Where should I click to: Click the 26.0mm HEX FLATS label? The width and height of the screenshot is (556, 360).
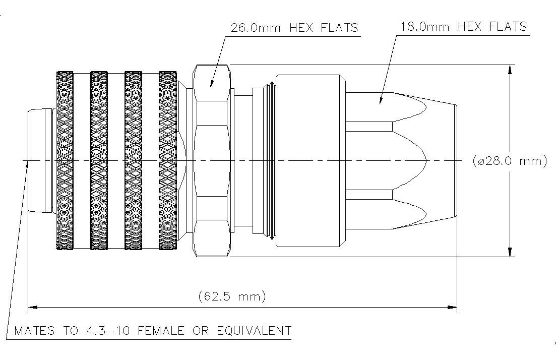tap(294, 28)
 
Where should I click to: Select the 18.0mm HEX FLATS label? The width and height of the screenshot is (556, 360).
tap(463, 27)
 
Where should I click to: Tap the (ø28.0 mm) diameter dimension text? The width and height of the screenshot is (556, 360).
tap(510, 161)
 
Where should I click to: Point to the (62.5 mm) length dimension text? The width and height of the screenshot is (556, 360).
tap(232, 296)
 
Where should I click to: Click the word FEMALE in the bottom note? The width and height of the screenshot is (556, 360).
tap(161, 331)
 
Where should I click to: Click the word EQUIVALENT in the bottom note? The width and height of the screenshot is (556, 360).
tap(254, 331)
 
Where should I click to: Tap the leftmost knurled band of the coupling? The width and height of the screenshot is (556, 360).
tap(65, 161)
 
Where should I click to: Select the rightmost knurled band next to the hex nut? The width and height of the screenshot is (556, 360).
tap(168, 161)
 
